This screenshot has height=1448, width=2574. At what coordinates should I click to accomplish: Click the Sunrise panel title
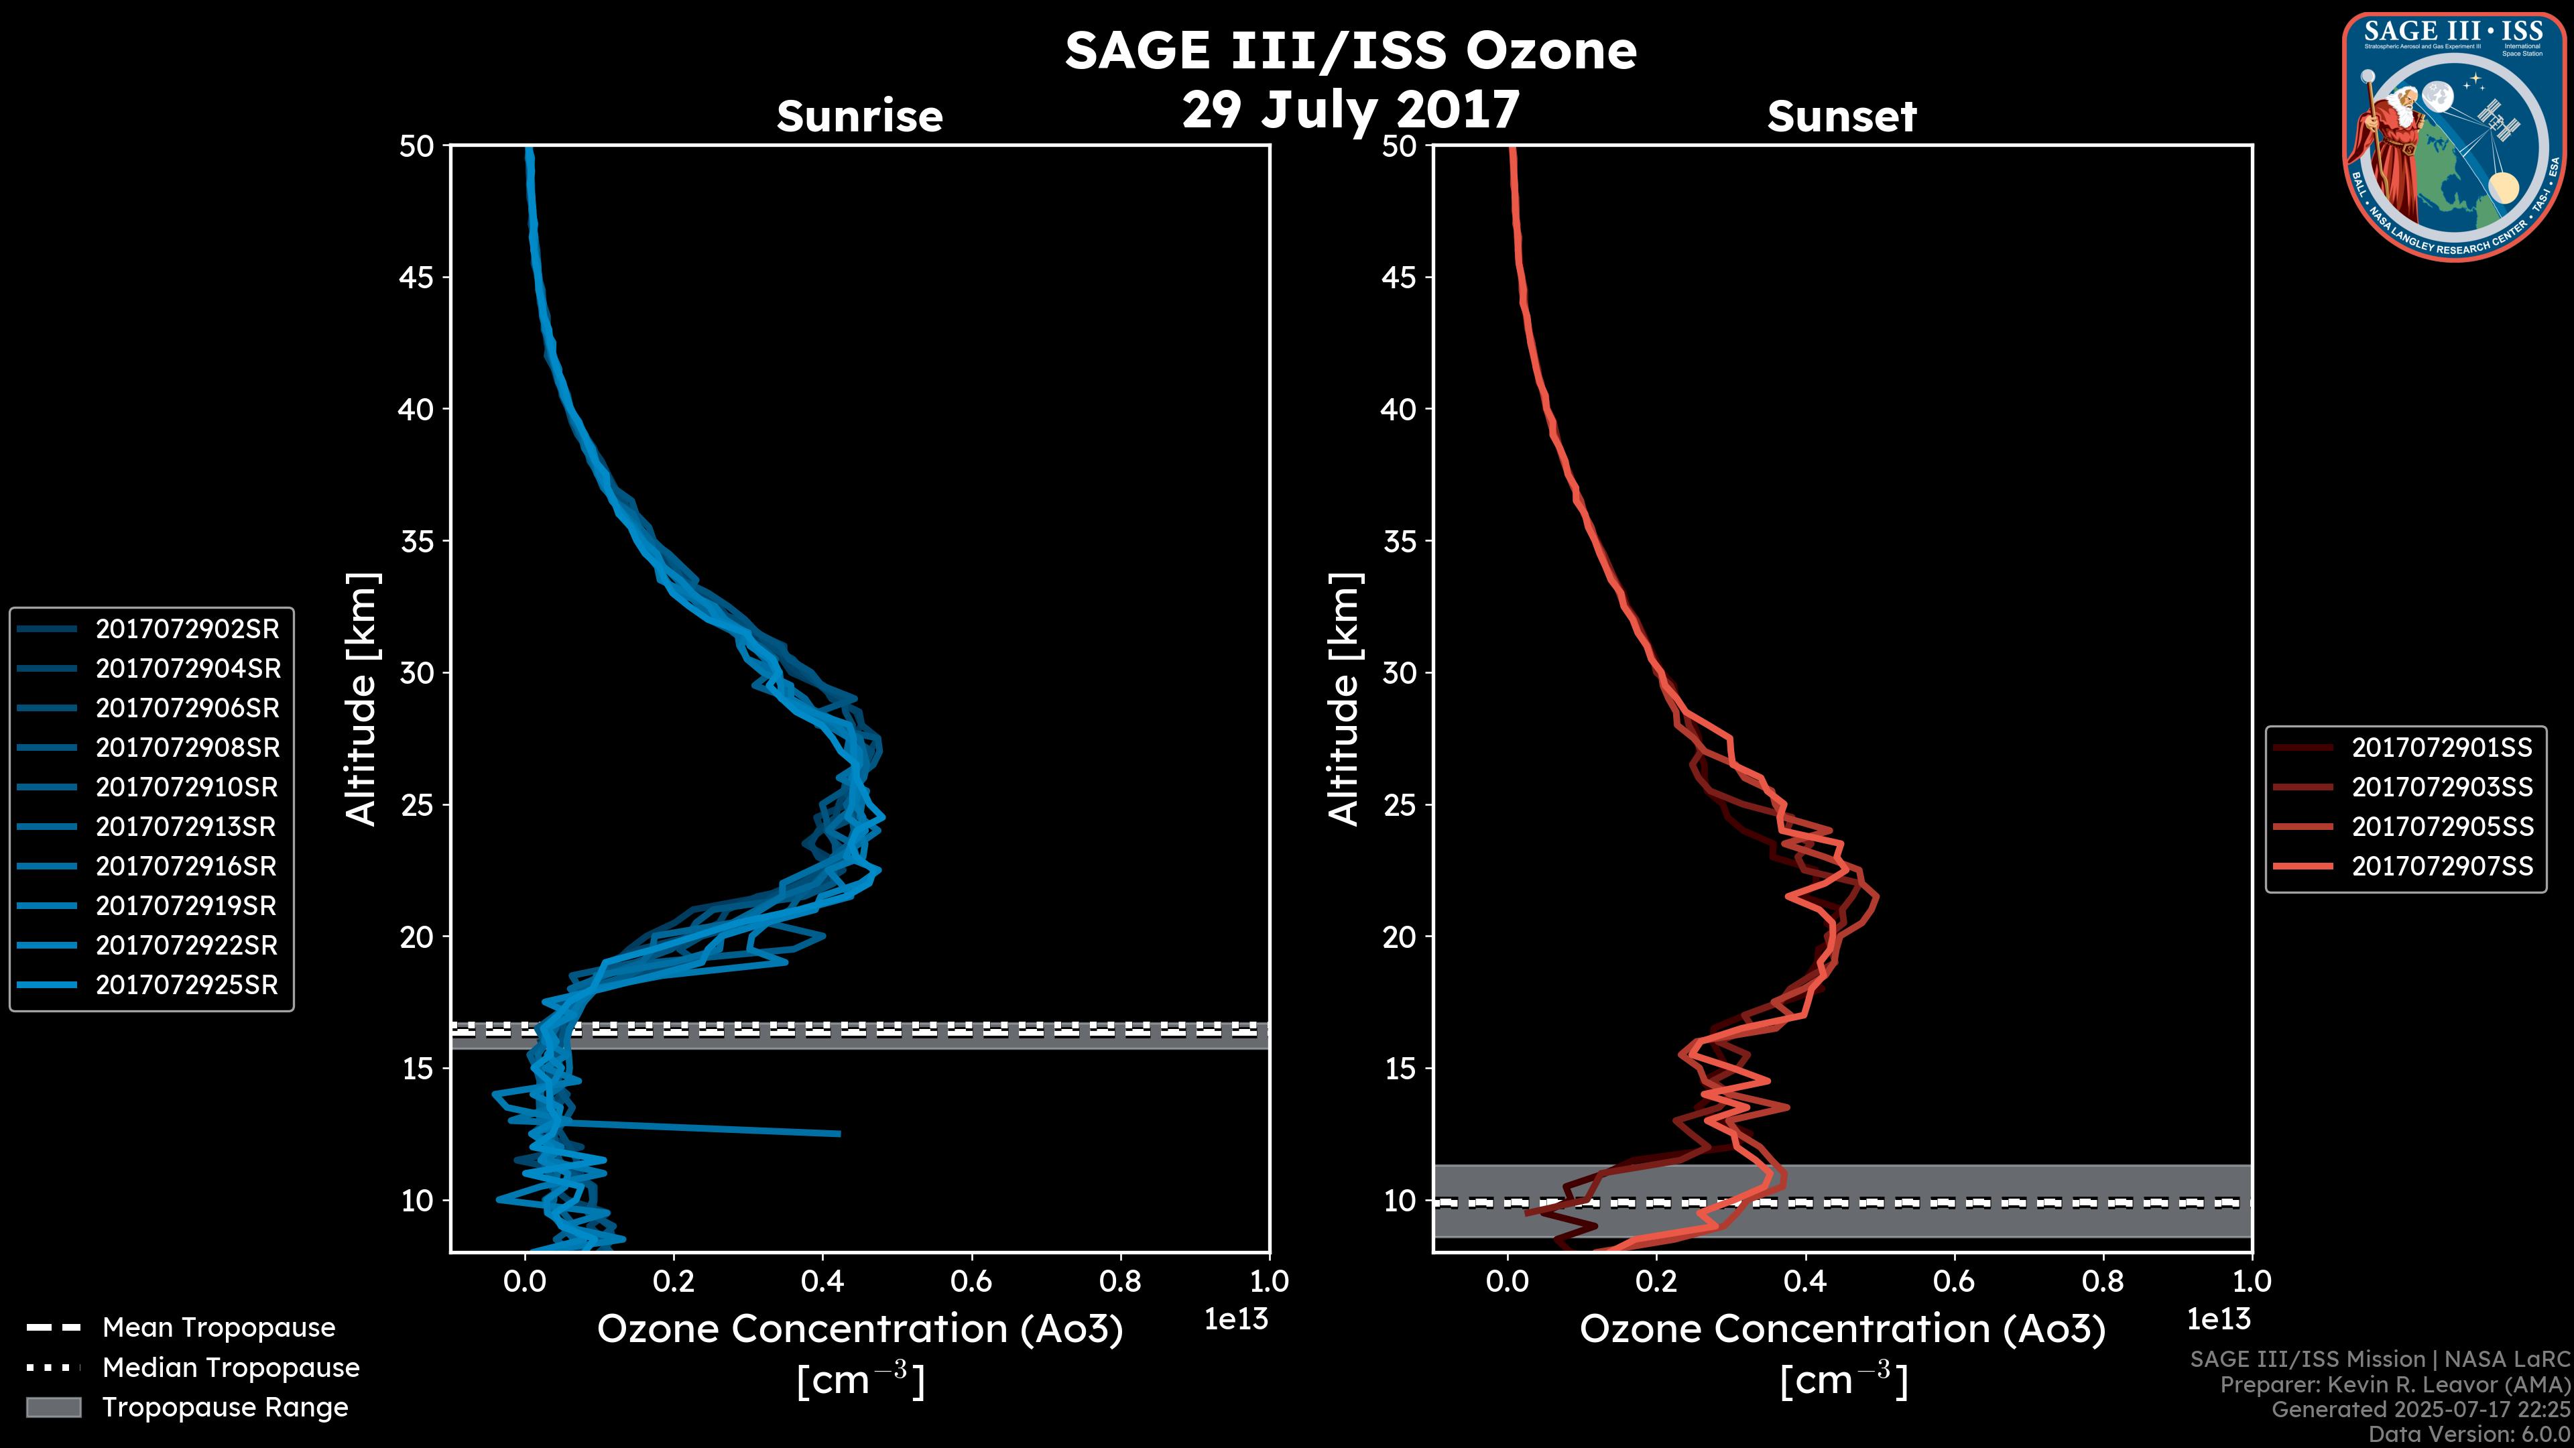pyautogui.click(x=859, y=117)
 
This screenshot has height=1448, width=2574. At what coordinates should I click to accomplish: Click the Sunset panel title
pyautogui.click(x=1841, y=117)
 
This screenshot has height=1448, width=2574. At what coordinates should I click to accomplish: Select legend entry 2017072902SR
pyautogui.click(x=187, y=629)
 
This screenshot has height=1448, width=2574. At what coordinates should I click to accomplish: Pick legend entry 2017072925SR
pyautogui.click(x=187, y=984)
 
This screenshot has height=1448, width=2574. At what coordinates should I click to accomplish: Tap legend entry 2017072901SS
pyautogui.click(x=2442, y=747)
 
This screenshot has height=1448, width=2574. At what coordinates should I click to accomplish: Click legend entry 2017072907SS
pyautogui.click(x=2442, y=865)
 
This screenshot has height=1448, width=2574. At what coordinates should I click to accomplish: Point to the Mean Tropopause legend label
pyautogui.click(x=219, y=1327)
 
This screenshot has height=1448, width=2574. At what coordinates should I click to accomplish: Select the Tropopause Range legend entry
pyautogui.click(x=225, y=1407)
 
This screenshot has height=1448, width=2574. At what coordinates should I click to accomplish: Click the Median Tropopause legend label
pyautogui.click(x=231, y=1367)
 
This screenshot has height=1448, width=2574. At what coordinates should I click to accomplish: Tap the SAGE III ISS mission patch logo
pyautogui.click(x=2453, y=137)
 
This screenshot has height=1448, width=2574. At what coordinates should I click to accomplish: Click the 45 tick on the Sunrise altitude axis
pyautogui.click(x=417, y=277)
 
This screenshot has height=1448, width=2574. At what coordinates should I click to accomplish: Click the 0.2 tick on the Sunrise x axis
pyautogui.click(x=674, y=1281)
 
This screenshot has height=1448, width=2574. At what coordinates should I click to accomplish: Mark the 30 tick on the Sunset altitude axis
pyautogui.click(x=1399, y=672)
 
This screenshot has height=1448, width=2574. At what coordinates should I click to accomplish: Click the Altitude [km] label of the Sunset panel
pyautogui.click(x=1344, y=699)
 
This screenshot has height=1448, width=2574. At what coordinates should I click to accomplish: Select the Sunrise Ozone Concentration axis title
pyautogui.click(x=859, y=1329)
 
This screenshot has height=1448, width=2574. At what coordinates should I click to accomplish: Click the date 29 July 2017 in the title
pyautogui.click(x=1350, y=109)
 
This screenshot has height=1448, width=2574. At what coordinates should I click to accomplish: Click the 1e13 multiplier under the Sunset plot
pyautogui.click(x=2218, y=1319)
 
